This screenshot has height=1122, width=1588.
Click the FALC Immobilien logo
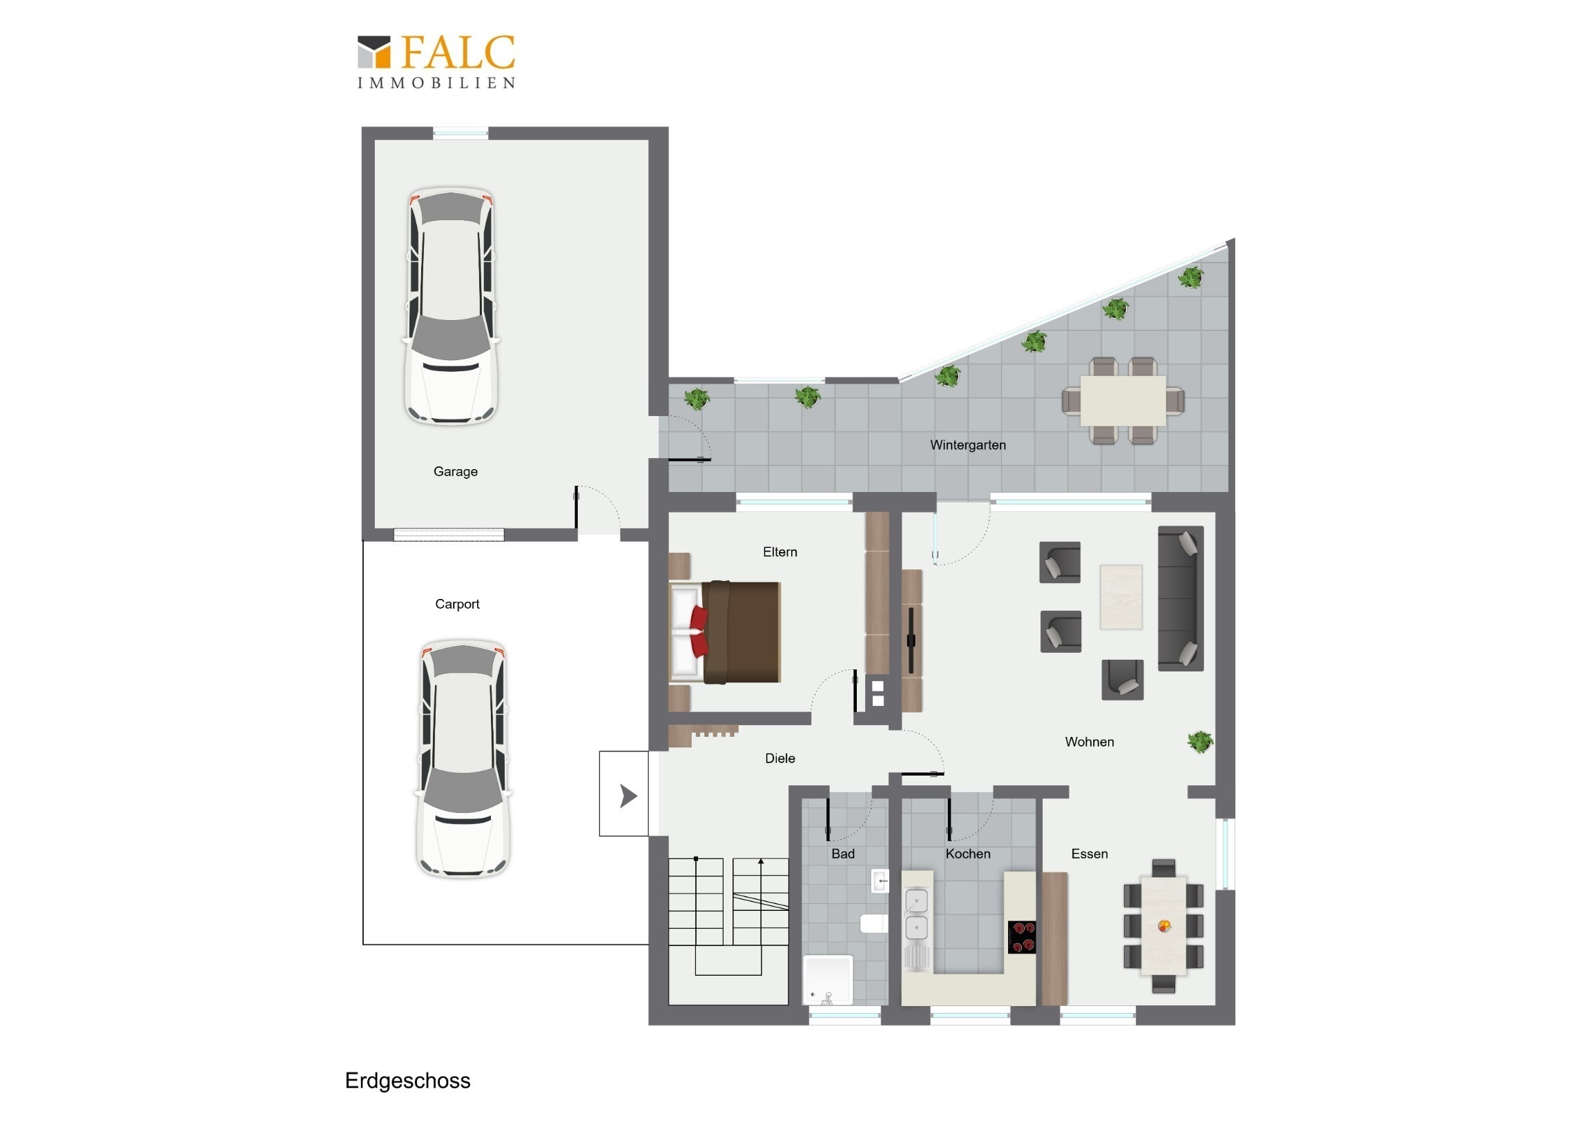pos(436,61)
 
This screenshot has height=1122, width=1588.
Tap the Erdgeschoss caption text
pos(407,1081)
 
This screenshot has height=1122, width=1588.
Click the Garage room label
pos(455,471)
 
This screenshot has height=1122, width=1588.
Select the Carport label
pos(457,604)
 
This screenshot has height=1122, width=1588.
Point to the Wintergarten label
pos(967,445)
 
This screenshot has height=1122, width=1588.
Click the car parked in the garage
pos(451,306)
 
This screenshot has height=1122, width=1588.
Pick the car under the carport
pos(463,758)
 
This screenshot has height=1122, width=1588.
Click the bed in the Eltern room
pos(725,632)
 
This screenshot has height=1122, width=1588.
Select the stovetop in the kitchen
pos(1022,937)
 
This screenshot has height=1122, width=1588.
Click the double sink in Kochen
pos(916,914)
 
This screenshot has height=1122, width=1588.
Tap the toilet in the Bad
pos(873,923)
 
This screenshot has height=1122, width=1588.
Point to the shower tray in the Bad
pos(828,980)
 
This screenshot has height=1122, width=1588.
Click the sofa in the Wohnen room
pos(1181,599)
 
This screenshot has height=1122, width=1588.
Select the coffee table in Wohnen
pos(1121,598)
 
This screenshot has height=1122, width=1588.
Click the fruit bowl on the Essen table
pos(1165,925)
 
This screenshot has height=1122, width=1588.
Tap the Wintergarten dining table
pos(1123,400)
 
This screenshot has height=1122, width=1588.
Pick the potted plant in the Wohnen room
pos(1201,742)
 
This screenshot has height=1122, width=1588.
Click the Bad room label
pos(843,854)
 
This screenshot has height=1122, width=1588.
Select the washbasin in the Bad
pos(880,881)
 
